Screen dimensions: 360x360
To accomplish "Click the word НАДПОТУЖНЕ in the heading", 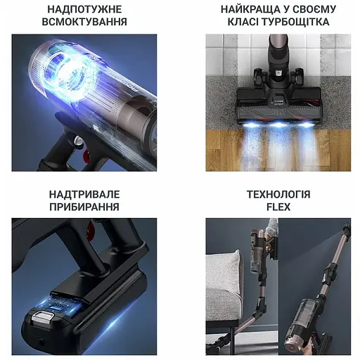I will click(x=84, y=9).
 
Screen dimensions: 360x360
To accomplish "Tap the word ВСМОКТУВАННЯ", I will click(x=84, y=22).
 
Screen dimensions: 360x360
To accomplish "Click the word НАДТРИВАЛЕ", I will click(x=84, y=194).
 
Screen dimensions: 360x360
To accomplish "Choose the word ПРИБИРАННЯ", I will click(x=84, y=207).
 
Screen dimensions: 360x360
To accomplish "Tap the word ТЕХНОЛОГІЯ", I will click(x=278, y=194).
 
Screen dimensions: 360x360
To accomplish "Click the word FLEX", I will click(x=278, y=207).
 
